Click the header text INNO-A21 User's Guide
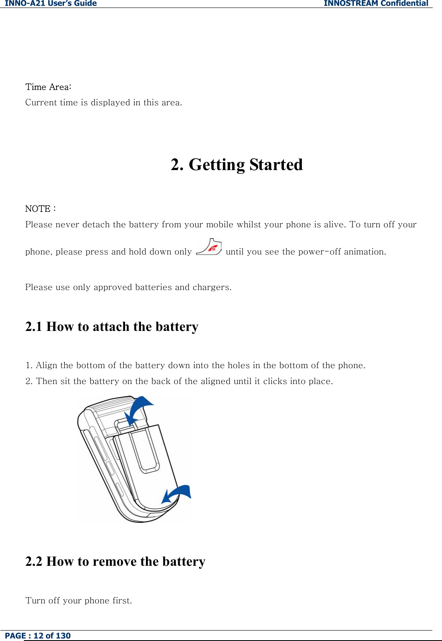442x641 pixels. [x=51, y=4]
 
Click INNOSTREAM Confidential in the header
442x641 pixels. [x=376, y=4]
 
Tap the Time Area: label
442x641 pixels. [x=48, y=87]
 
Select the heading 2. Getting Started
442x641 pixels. [x=237, y=165]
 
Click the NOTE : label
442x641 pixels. [x=40, y=209]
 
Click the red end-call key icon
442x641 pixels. [x=209, y=247]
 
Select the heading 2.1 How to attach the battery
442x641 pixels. [x=112, y=326]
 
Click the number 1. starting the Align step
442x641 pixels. [x=29, y=365]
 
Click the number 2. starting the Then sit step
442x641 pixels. [x=29, y=381]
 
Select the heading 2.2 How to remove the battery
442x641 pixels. [x=115, y=561]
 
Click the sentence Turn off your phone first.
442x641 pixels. [x=79, y=600]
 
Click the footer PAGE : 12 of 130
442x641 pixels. [x=38, y=636]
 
